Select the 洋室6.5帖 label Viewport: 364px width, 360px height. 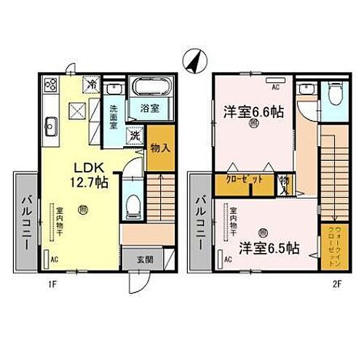[267, 248]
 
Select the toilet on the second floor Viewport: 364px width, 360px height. [335, 97]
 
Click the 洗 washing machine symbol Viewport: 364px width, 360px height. [135, 135]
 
